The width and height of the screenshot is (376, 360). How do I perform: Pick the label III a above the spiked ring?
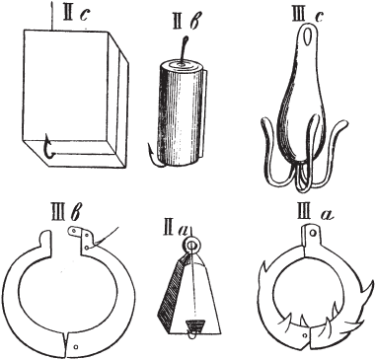[312, 214]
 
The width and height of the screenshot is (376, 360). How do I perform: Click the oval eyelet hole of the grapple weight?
[309, 36]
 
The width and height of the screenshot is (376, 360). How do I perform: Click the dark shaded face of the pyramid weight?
[171, 295]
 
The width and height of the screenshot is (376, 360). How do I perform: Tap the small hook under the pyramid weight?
[190, 333]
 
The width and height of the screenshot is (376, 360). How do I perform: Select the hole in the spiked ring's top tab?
[313, 233]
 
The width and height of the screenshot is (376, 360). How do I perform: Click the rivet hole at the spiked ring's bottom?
[305, 334]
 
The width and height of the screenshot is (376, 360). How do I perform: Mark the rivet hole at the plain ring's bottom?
[76, 346]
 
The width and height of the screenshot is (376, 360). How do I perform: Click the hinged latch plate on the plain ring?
[82, 237]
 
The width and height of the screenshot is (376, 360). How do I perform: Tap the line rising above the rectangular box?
[51, 16]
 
